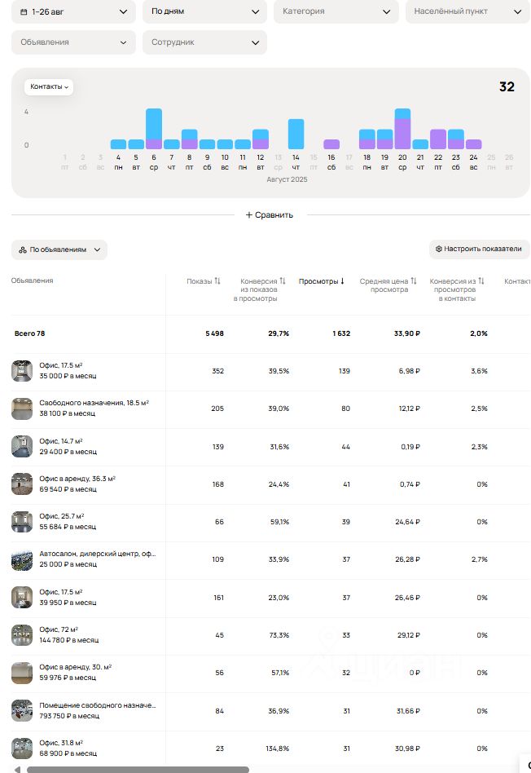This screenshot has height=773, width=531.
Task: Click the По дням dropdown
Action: (204, 11)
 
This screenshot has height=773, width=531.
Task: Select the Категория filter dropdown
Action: (336, 11)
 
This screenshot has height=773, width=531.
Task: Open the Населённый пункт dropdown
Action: (467, 11)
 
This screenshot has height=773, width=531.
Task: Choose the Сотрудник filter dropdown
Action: (204, 42)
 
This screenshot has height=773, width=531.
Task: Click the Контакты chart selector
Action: (49, 86)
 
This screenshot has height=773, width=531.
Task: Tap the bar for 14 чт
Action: (296, 134)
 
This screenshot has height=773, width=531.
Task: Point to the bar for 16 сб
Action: (331, 144)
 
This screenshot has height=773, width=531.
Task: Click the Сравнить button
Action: (270, 215)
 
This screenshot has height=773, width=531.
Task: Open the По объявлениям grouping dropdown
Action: (59, 250)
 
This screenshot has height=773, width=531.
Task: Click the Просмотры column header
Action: (322, 281)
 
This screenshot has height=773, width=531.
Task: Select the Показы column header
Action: (204, 281)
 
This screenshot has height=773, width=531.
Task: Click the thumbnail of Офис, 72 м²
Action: (22, 634)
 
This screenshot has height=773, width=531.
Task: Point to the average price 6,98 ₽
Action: (407, 371)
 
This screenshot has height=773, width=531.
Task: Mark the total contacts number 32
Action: (507, 87)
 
